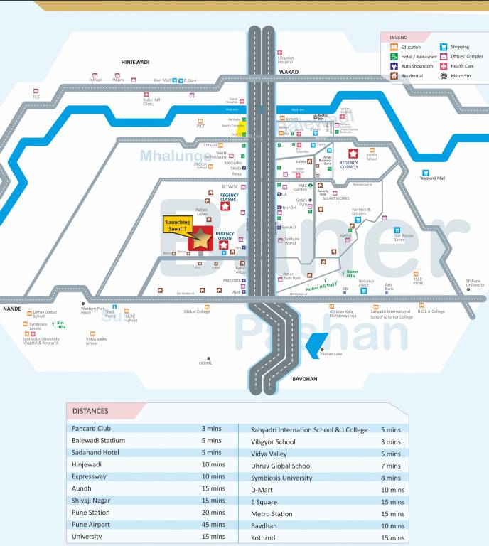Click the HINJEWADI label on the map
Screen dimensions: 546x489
coord(135,63)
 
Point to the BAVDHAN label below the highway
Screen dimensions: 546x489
coord(305,379)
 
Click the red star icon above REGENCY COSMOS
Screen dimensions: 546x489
coord(353,154)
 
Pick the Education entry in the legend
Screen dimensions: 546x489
coord(411,47)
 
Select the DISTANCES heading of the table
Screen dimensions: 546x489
coord(90,410)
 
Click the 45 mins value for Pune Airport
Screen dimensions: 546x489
coord(213,525)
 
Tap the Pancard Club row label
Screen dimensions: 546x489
coord(91,429)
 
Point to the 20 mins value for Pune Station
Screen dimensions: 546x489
coord(213,513)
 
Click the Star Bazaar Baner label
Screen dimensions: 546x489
coord(404,237)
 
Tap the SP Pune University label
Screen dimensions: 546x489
coord(474,283)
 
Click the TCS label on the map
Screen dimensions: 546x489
coord(36,97)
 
